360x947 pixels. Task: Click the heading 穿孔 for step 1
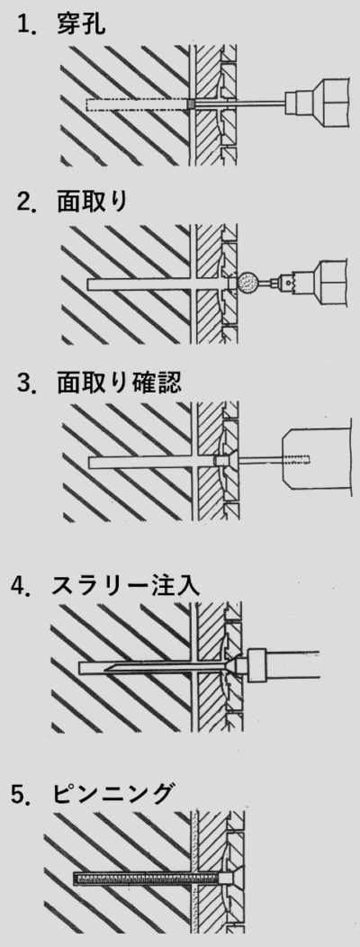(x=81, y=25)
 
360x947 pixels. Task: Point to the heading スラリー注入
(x=126, y=585)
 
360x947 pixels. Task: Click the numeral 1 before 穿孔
(x=23, y=25)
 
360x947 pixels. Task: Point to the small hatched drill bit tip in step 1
(x=192, y=104)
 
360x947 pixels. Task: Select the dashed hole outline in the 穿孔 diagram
(x=137, y=104)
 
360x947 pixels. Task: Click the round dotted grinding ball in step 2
(x=248, y=283)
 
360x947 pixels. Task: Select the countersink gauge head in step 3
(x=224, y=462)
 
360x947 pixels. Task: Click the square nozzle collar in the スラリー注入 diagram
(x=256, y=664)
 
